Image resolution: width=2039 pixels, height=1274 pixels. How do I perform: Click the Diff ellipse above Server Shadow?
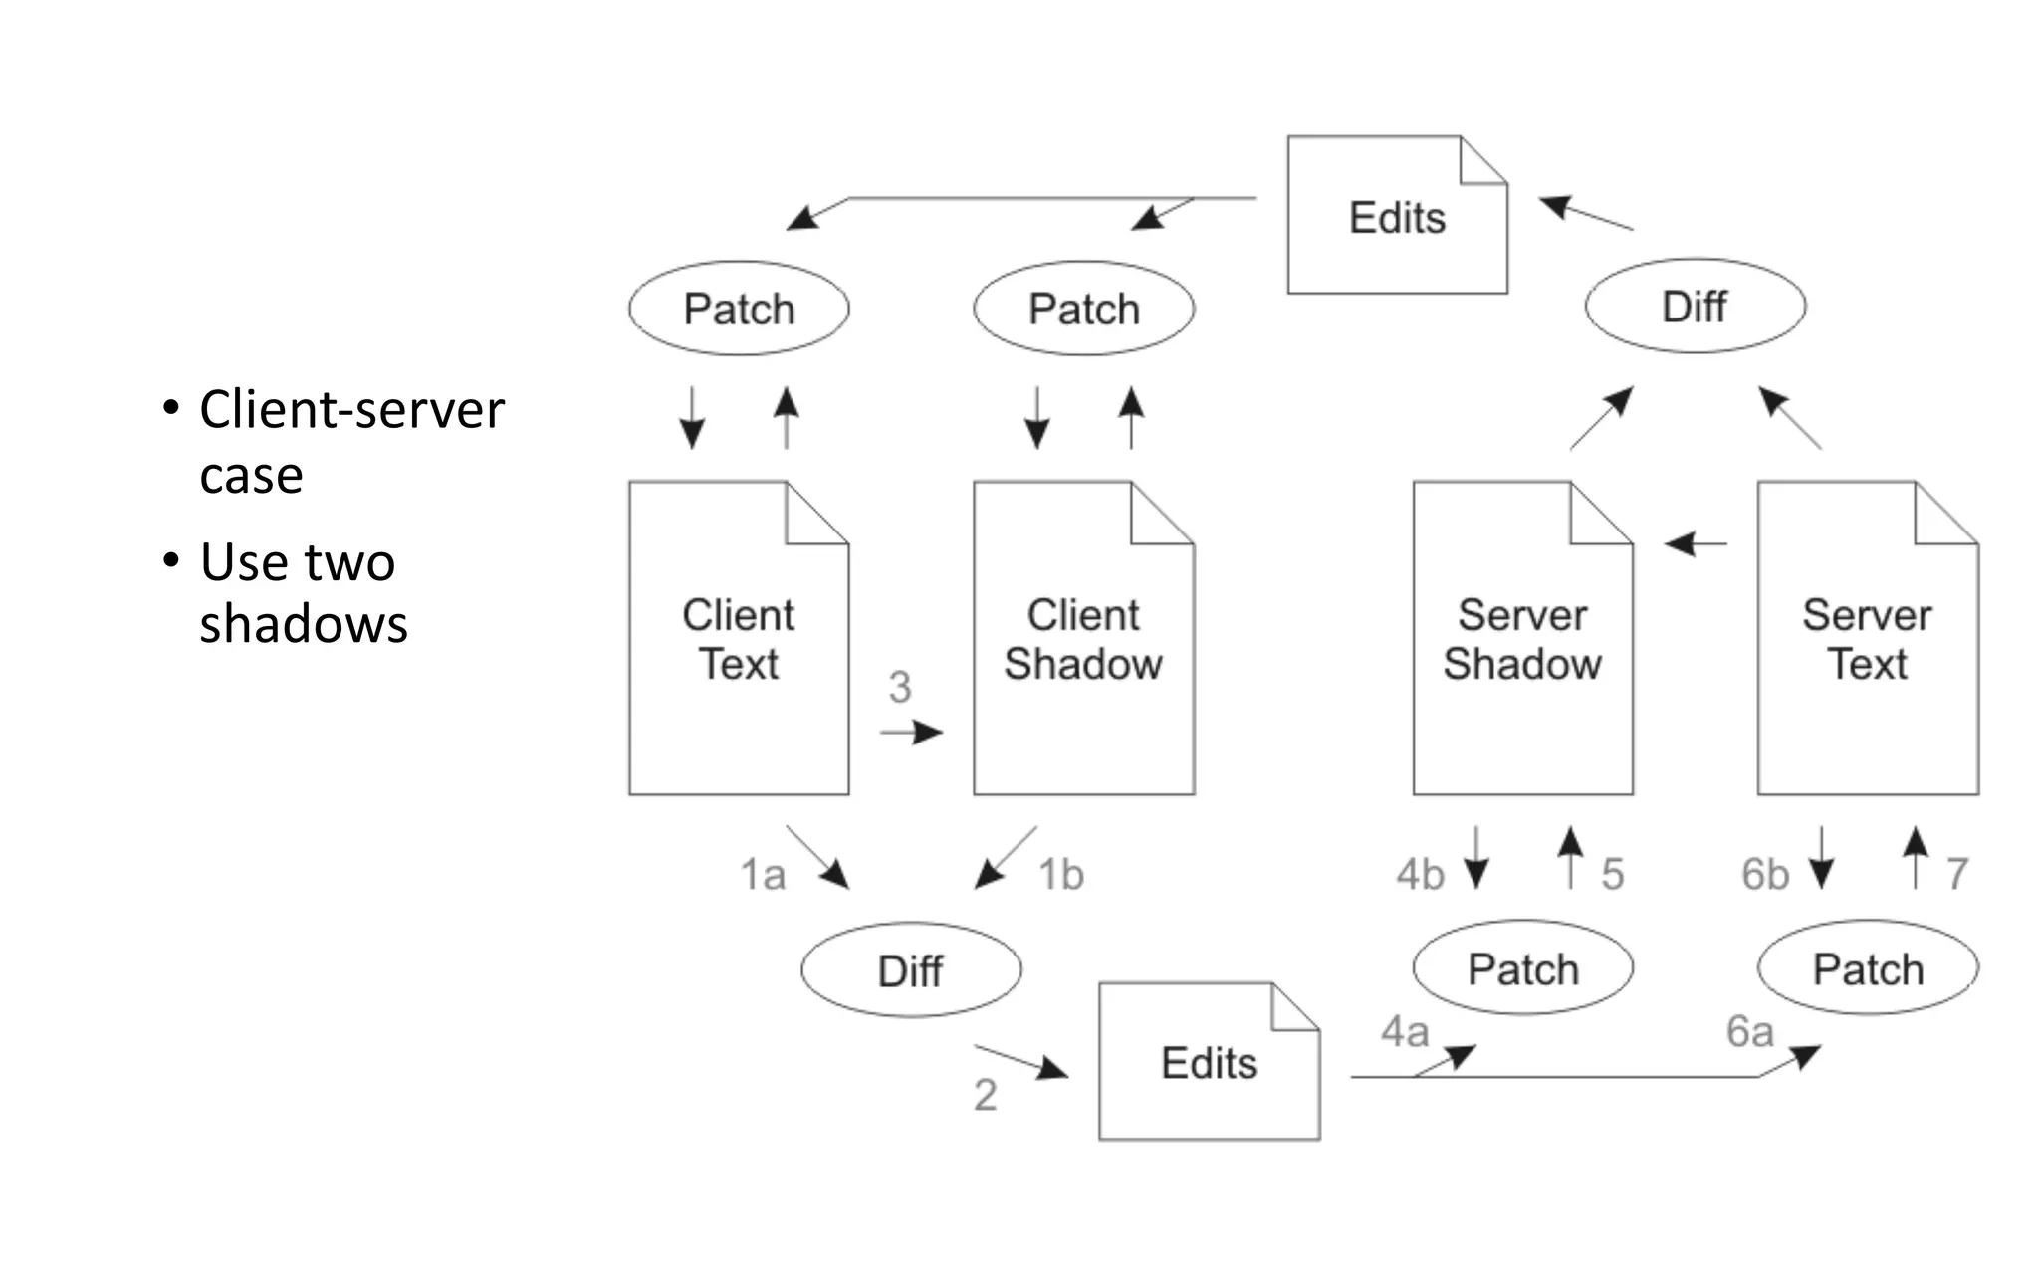click(1695, 307)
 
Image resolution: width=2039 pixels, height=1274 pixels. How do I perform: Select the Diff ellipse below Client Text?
click(910, 970)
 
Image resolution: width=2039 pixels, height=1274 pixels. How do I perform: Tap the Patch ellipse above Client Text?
click(739, 309)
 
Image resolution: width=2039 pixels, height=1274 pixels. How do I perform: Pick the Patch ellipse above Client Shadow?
click(1083, 309)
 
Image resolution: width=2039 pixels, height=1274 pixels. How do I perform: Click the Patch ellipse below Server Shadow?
click(1522, 968)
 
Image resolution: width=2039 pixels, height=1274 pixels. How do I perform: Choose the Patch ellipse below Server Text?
click(1868, 968)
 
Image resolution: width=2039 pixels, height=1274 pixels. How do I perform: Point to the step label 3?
click(900, 687)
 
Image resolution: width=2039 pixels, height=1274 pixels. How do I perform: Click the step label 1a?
click(763, 875)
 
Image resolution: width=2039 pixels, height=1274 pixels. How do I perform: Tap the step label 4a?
click(1404, 1032)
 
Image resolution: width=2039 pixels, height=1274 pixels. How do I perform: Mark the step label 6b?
click(1765, 875)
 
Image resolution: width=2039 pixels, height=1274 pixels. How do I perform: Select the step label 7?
click(1957, 874)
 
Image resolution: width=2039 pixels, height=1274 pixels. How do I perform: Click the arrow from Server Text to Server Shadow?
click(1696, 544)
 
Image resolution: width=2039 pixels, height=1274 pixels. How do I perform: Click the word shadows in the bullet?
click(304, 624)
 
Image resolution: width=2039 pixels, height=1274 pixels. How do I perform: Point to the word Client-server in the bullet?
click(351, 409)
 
